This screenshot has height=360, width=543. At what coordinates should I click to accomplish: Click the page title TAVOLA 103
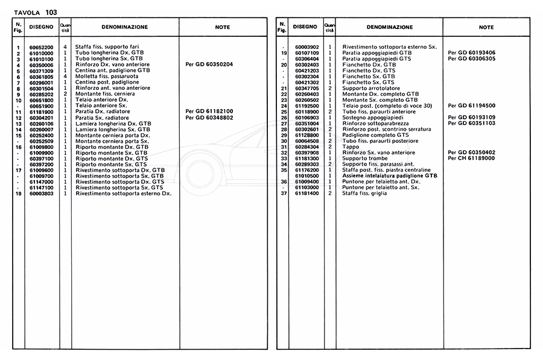pyautogui.click(x=36, y=11)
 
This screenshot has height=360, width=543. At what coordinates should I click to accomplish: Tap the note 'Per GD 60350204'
pyautogui.click(x=209, y=65)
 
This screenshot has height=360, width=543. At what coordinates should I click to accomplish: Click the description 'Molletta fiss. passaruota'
pyautogui.click(x=107, y=77)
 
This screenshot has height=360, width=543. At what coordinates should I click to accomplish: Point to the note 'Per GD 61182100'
pyautogui.click(x=209, y=112)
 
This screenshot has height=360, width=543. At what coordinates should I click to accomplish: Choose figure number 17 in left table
pyautogui.click(x=19, y=171)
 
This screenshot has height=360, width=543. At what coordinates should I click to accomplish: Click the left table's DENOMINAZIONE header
pyautogui.click(x=124, y=27)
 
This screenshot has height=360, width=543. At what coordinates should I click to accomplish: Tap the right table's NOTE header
pyautogui.click(x=486, y=27)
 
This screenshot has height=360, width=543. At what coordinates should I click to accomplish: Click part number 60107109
pyautogui.click(x=307, y=53)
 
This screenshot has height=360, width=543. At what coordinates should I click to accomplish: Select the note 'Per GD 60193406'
pyautogui.click(x=472, y=53)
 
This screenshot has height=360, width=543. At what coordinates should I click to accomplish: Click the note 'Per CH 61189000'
pyautogui.click(x=472, y=159)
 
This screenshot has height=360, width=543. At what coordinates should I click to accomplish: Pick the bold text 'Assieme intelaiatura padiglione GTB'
pyautogui.click(x=390, y=176)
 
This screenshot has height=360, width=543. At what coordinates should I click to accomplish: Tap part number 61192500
pyautogui.click(x=307, y=106)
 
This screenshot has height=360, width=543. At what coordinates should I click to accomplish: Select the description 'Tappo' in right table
pyautogui.click(x=350, y=147)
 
